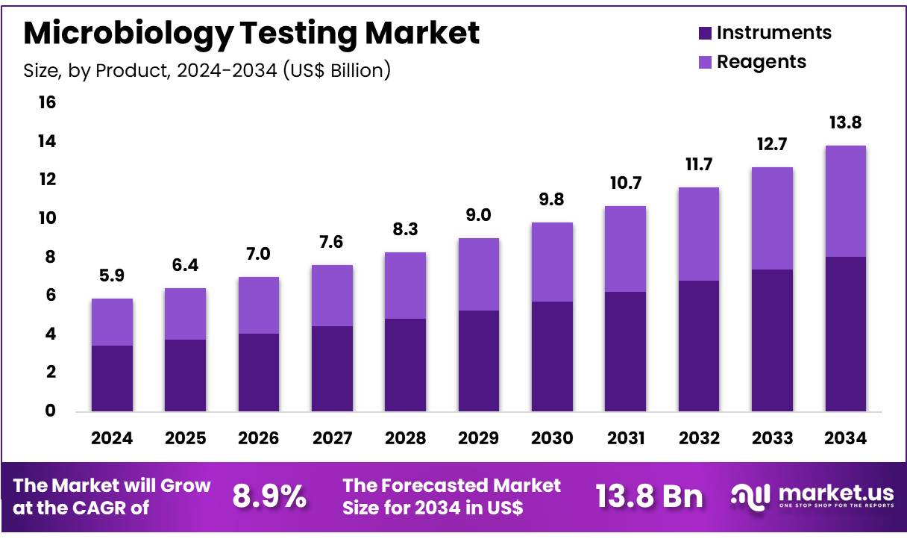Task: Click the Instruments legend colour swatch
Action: (x=705, y=34)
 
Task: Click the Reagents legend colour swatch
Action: (x=705, y=63)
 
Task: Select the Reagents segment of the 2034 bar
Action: (x=845, y=201)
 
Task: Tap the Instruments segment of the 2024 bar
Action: (x=112, y=378)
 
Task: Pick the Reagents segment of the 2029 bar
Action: (x=479, y=274)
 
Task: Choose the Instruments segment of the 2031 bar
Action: (x=625, y=351)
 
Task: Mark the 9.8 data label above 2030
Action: (x=552, y=200)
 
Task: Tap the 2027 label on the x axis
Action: (x=332, y=438)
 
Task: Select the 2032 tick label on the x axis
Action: (x=699, y=438)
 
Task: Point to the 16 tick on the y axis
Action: (x=47, y=102)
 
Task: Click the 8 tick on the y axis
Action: (x=51, y=257)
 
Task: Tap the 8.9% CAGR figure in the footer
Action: (x=269, y=496)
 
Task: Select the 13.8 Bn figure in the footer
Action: (x=649, y=496)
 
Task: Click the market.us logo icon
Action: (x=749, y=496)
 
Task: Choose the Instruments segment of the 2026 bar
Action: (x=259, y=372)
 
